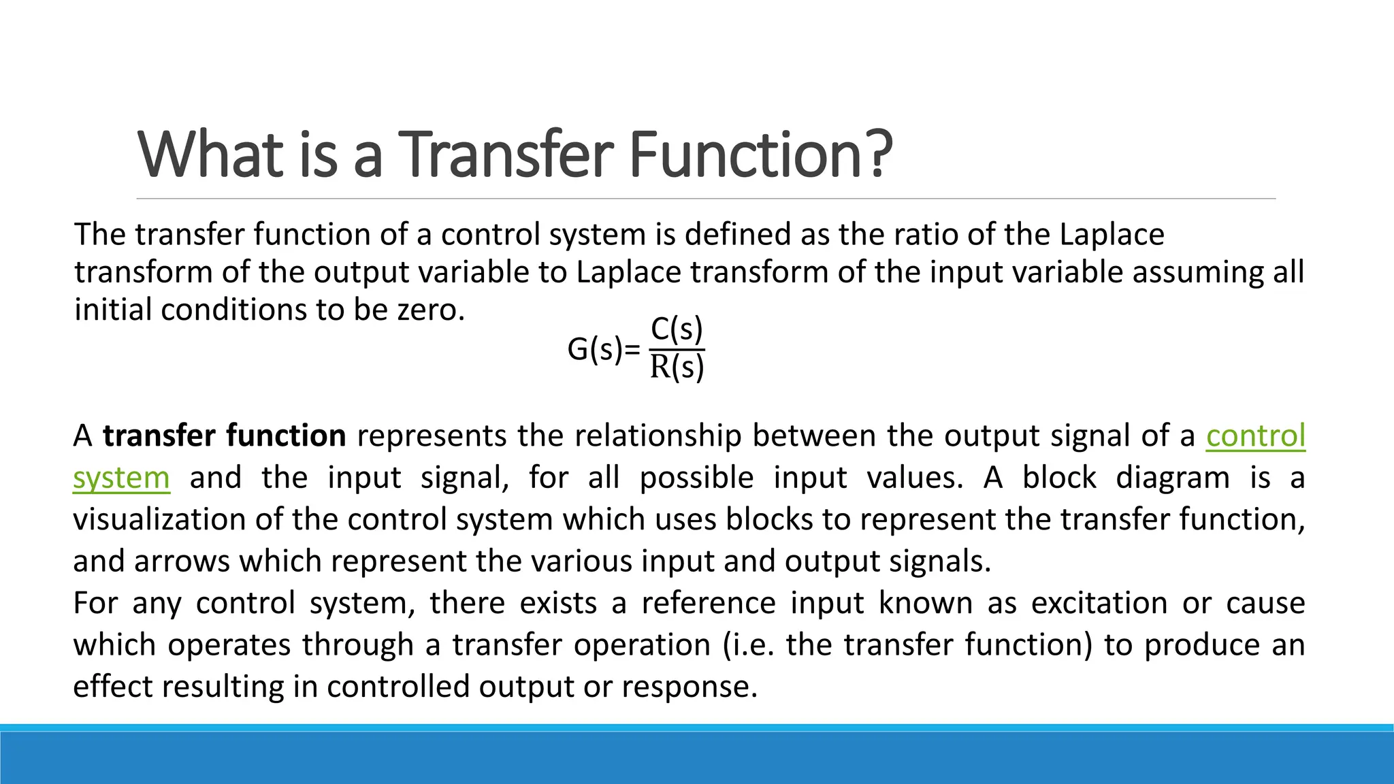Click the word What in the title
(210, 154)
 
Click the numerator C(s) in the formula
(677, 330)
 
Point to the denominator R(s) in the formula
(677, 367)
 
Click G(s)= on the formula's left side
(603, 350)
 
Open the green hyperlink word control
(1255, 436)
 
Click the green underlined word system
(121, 478)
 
